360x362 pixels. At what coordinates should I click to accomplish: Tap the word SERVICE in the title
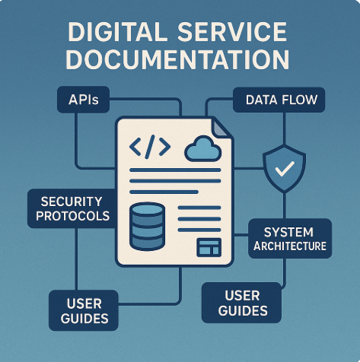232,32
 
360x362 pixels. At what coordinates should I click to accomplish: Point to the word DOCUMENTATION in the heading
177,59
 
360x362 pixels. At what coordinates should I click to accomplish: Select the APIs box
84,100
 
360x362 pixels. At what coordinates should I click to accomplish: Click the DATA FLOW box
279,100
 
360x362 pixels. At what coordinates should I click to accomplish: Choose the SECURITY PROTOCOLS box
72,208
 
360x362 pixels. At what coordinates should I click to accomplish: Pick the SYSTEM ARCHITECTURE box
290,239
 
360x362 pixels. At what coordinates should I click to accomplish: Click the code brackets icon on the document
150,147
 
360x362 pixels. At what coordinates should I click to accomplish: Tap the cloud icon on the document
202,149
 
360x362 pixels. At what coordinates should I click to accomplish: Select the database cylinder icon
147,227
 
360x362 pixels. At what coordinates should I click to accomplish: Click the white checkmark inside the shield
285,169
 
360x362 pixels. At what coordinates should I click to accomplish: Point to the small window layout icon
209,247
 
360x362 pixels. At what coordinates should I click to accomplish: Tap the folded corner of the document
220,128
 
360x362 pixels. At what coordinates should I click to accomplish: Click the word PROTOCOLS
72,216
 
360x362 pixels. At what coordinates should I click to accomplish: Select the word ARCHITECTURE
290,246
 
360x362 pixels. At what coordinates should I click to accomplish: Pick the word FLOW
299,100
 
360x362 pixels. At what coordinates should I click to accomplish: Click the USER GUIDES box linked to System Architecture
242,303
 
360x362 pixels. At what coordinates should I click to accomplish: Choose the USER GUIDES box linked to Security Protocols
84,310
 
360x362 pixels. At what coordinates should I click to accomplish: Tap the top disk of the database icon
147,210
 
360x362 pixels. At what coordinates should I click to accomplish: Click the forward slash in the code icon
150,147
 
